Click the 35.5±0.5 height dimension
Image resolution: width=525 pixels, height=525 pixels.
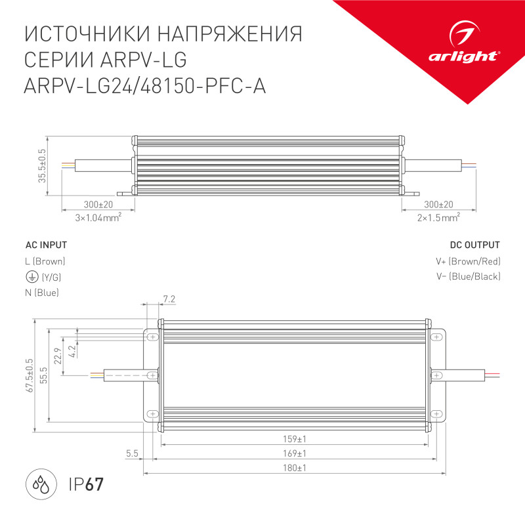click(41, 167)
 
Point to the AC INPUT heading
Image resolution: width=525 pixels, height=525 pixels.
click(45, 245)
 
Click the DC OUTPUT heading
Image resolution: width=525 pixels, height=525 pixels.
click(474, 245)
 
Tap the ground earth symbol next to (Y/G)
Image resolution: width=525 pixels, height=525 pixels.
click(30, 276)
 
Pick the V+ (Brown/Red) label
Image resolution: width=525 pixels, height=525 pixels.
click(468, 261)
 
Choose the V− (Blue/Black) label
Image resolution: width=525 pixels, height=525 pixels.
click(468, 276)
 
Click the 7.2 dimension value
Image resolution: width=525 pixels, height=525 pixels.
click(169, 299)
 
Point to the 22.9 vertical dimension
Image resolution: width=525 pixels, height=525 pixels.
click(58, 356)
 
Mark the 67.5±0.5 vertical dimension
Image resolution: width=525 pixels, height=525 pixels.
click(29, 375)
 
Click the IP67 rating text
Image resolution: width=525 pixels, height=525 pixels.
click(86, 486)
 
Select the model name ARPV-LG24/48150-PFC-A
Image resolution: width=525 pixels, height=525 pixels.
click(145, 86)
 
